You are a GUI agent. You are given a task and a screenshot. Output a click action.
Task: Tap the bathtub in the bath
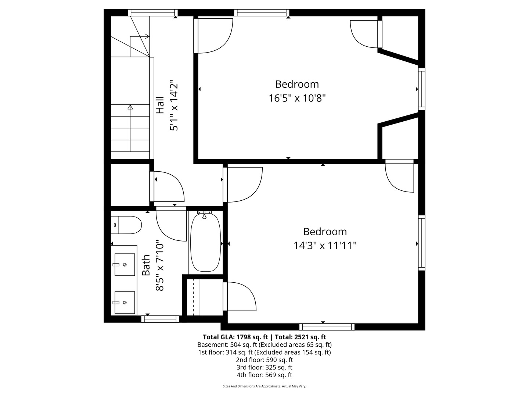click(205, 243)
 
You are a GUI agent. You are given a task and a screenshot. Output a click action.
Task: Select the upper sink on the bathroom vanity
click(125, 264)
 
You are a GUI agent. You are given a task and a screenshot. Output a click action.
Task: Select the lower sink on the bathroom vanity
click(125, 302)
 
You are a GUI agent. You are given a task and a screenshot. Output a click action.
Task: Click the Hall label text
click(160, 105)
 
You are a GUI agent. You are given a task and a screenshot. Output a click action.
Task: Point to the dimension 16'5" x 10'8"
click(297, 98)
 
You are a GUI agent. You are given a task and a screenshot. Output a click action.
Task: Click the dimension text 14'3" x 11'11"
click(325, 245)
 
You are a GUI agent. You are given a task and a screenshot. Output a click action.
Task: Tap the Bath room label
click(146, 265)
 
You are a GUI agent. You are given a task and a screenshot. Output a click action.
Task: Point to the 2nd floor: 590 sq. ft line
click(264, 360)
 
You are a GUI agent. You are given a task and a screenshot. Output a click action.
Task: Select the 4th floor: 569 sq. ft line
click(264, 375)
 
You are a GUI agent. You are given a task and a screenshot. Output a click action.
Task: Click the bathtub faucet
click(204, 215)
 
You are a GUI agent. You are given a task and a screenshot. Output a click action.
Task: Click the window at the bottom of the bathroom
click(160, 319)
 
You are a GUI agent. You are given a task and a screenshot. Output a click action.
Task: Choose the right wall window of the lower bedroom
click(421, 243)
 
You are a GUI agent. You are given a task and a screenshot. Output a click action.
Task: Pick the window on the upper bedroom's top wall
click(261, 13)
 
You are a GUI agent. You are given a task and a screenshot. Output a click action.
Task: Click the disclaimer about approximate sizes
click(264, 386)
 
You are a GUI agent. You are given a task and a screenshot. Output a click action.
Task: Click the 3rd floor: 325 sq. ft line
click(264, 367)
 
